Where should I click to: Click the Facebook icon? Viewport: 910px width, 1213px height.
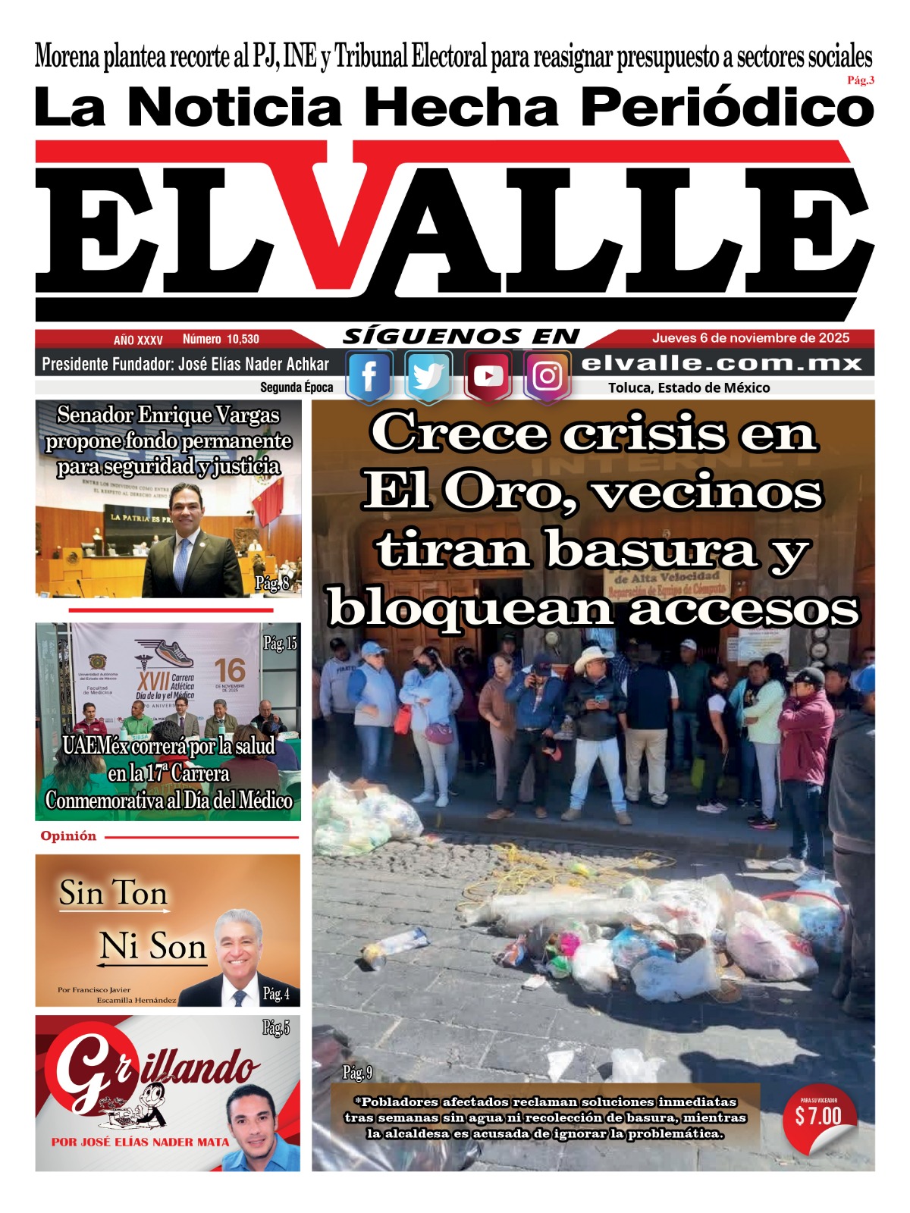click(369, 376)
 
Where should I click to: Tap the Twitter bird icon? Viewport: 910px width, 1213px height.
click(428, 376)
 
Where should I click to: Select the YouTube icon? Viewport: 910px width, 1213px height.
click(488, 376)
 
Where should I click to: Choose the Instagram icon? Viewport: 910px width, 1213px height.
click(547, 376)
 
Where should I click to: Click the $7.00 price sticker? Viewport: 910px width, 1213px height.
click(818, 1116)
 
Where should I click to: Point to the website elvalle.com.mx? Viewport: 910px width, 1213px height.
click(721, 364)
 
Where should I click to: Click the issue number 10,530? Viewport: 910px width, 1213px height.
click(221, 340)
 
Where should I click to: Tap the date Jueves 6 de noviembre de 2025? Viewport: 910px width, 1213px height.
click(751, 338)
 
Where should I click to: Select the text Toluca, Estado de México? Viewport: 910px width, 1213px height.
click(689, 388)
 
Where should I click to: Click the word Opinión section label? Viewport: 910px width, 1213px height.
click(68, 836)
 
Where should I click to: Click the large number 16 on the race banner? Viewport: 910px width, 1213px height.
click(230, 671)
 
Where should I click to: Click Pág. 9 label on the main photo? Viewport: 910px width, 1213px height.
click(357, 1073)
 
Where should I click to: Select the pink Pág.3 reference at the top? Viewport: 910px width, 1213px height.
click(861, 81)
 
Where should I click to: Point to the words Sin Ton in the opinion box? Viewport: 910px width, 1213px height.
click(114, 893)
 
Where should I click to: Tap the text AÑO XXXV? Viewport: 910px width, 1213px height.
click(138, 340)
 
